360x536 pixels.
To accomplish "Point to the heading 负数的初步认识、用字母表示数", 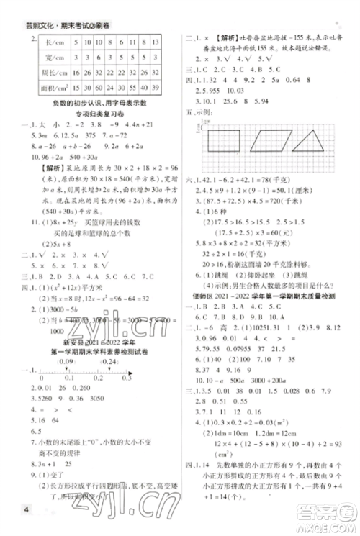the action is coord(101,103).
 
